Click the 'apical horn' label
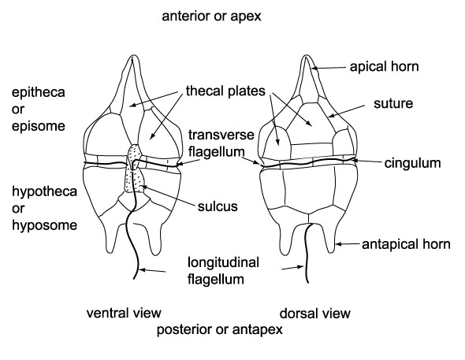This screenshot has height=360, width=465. [384, 67]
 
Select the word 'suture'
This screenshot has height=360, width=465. [393, 103]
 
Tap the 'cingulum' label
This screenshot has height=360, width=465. [412, 164]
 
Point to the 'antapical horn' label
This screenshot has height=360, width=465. [406, 244]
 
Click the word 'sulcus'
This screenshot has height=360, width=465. [218, 206]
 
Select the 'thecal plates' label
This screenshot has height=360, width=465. [225, 91]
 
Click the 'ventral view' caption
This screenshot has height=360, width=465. [124, 314]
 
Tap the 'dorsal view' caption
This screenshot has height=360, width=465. [315, 314]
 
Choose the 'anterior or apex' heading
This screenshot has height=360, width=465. [211, 17]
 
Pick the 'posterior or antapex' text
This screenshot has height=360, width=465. [219, 329]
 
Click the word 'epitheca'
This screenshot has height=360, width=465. [39, 92]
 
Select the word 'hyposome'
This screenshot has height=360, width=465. [44, 225]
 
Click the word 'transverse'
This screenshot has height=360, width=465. [221, 135]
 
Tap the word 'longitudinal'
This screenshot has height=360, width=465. [223, 262]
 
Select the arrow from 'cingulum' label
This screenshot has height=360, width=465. [367, 161]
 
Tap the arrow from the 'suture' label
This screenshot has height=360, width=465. [347, 111]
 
